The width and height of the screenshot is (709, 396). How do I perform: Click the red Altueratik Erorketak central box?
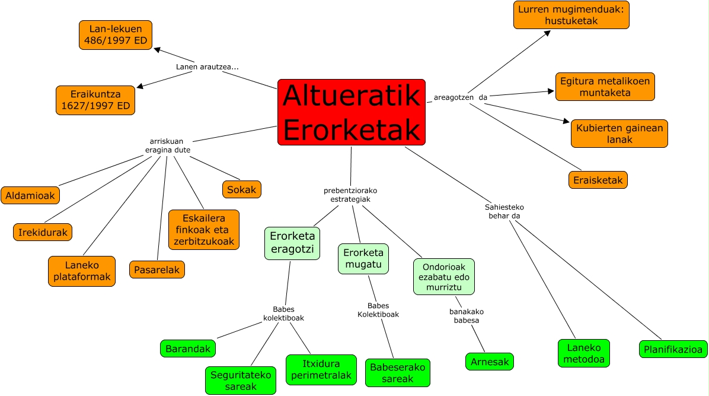point(352,112)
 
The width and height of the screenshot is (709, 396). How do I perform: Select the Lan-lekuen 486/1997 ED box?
point(116,35)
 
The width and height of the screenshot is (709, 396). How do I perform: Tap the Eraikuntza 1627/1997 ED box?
point(95,100)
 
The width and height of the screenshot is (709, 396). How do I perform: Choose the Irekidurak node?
point(43,232)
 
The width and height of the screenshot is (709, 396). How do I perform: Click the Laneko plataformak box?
point(82,271)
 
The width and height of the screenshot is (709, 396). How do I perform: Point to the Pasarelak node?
point(157,270)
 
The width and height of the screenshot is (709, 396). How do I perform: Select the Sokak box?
point(242,189)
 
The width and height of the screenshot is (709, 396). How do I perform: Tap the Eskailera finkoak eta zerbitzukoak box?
point(204,230)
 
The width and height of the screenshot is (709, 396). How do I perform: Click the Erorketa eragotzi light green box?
point(292,243)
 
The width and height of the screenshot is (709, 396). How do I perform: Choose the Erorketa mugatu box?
point(363,259)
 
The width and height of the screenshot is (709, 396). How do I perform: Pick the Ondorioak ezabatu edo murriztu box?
point(444,277)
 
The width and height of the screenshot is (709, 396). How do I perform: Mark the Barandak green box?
point(188,349)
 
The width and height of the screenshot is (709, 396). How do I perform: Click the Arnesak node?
point(489,361)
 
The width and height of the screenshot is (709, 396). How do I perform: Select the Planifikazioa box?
point(673,349)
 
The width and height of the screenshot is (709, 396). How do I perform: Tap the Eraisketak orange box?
point(598,180)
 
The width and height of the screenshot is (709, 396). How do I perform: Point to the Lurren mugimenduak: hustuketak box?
point(571,15)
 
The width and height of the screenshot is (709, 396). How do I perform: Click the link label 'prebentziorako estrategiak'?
point(350,195)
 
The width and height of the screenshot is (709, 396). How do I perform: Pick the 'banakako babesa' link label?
point(464,316)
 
